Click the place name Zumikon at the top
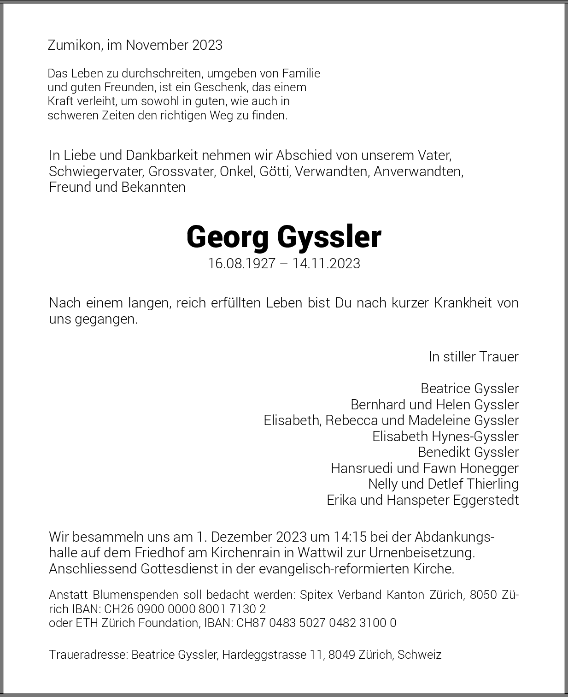74,45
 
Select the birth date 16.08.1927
241,264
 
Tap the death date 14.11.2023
326,264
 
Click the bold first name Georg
228,237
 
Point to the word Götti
275,171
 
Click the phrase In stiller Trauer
473,357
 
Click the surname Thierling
492,484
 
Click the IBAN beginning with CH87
316,623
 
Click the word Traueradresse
88,655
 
